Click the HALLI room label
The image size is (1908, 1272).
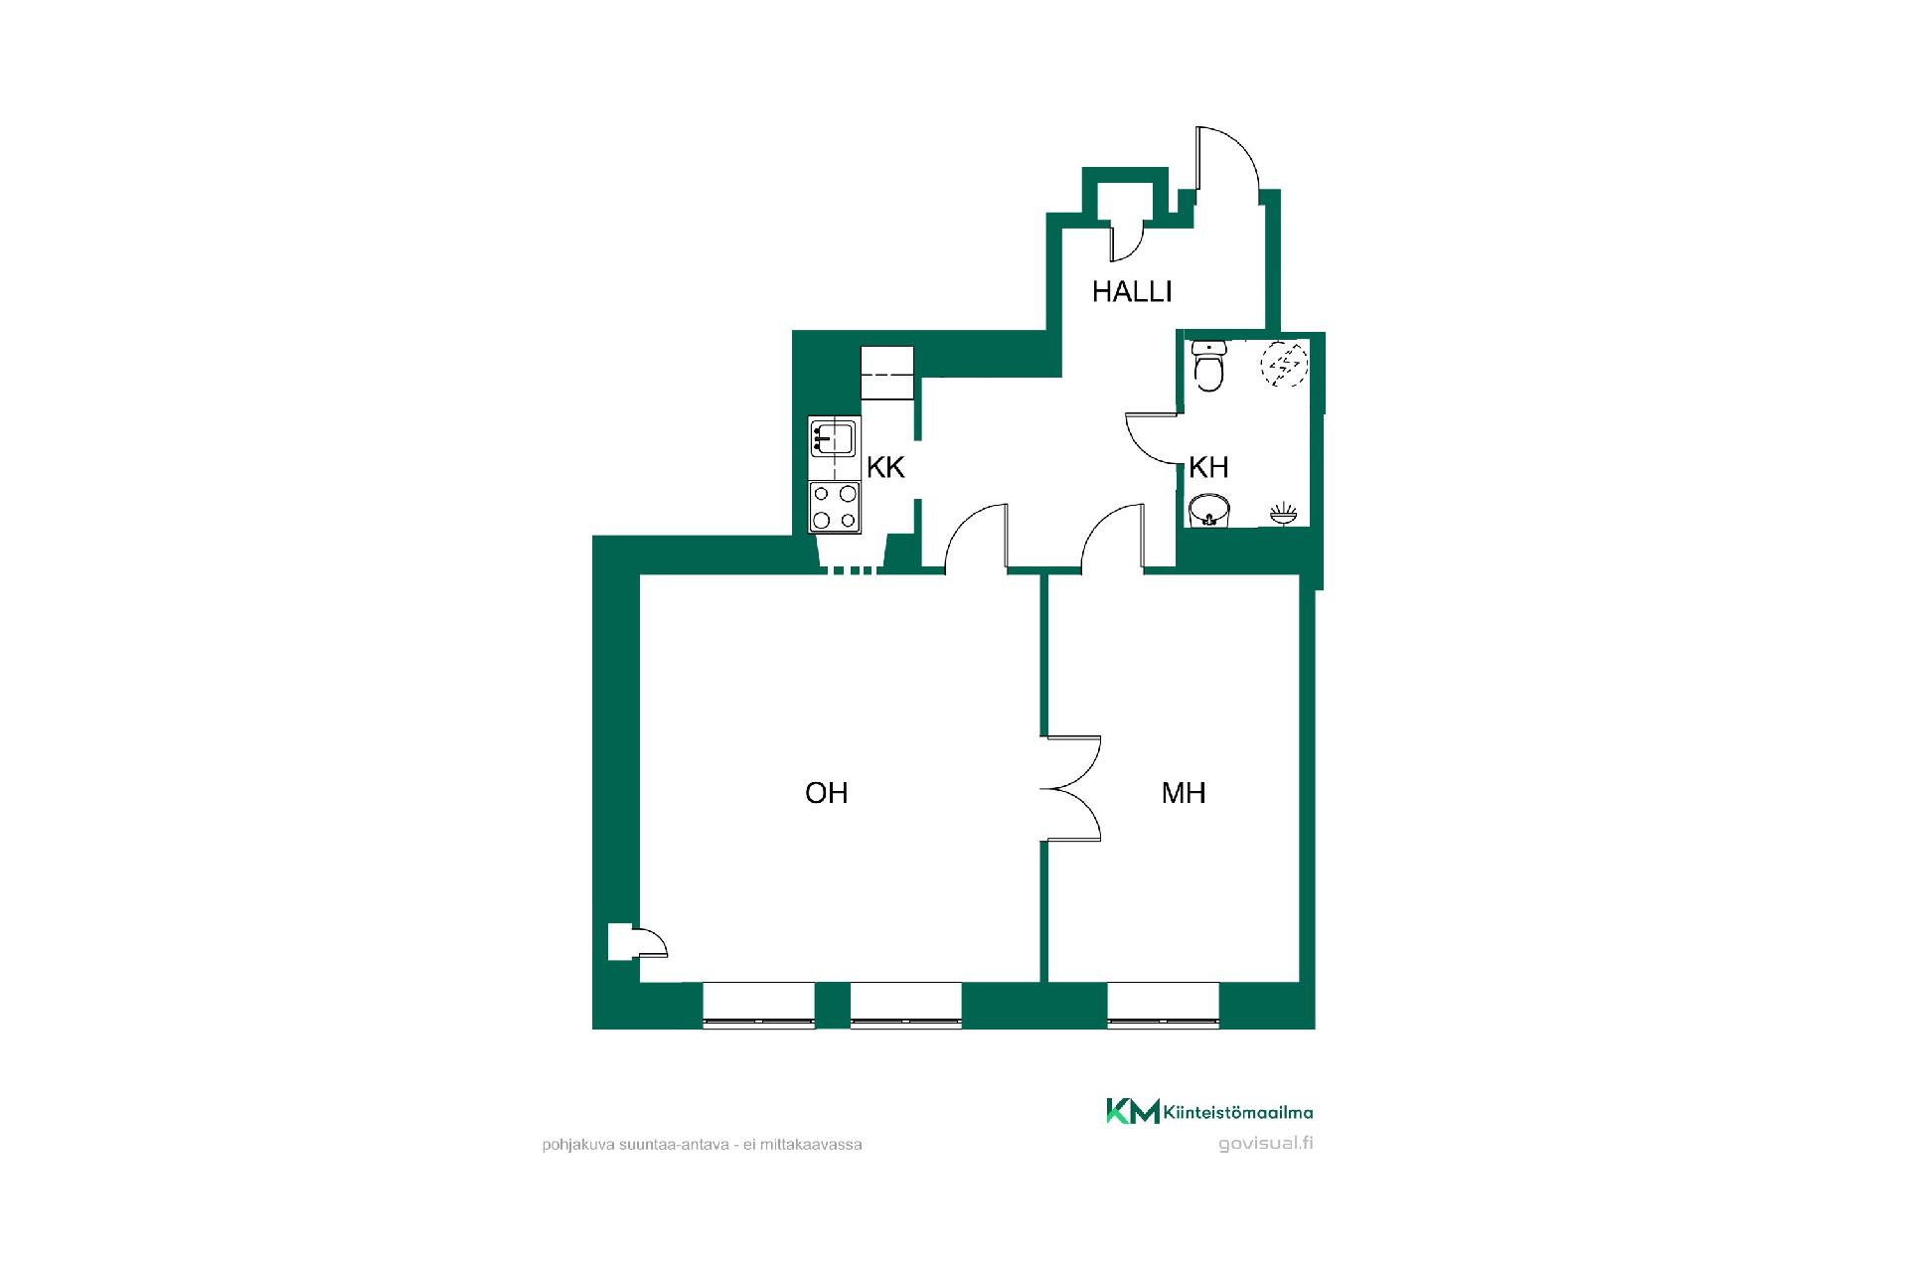point(1132,291)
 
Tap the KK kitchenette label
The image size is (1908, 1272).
point(885,467)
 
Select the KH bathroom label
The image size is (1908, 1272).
point(1208,467)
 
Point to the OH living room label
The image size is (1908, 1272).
point(826,792)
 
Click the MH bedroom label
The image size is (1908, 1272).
point(1184,792)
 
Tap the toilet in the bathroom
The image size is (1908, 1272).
point(1208,366)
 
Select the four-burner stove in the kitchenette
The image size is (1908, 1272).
point(835,506)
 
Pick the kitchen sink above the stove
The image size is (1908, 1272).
point(834,438)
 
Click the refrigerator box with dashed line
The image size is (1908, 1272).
point(887,373)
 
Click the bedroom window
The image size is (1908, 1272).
point(1163,1003)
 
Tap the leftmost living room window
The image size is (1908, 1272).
point(759,1003)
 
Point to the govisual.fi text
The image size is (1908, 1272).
point(1266,1143)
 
